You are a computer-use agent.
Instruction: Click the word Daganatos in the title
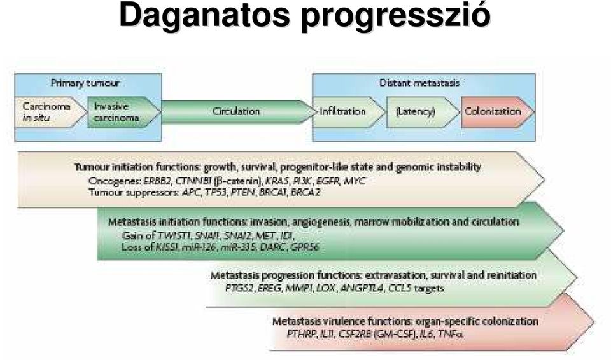click(204, 16)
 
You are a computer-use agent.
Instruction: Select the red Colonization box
click(498, 112)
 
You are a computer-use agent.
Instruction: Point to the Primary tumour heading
click(85, 83)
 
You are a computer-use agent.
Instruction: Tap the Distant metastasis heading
click(419, 83)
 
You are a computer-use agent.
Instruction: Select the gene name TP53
click(216, 192)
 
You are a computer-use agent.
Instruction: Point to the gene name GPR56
click(305, 247)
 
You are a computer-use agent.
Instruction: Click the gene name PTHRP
click(301, 334)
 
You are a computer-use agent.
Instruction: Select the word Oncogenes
click(115, 181)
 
